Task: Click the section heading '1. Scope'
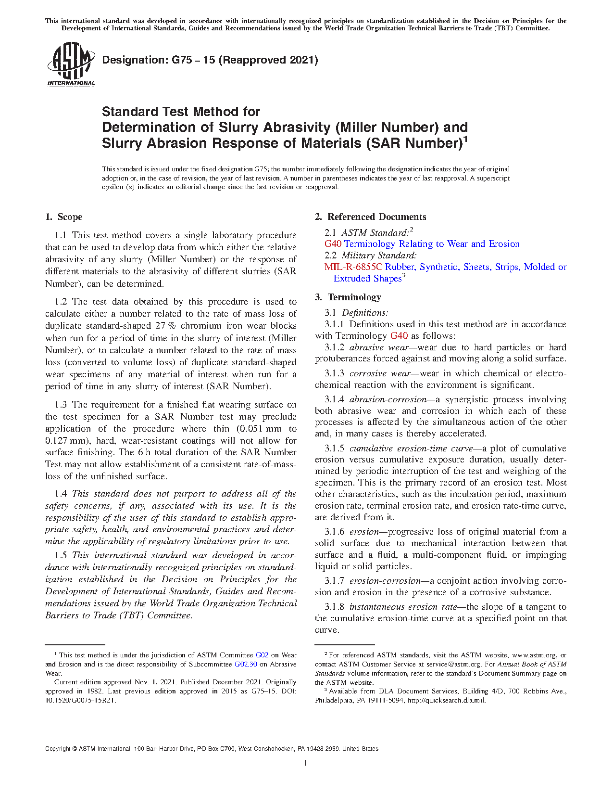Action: point(64,217)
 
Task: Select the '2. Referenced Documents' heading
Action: point(370,217)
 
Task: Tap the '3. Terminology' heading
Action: point(348,297)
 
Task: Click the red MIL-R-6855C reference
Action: point(353,267)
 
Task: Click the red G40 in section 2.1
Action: point(333,244)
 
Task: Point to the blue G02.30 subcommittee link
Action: point(245,664)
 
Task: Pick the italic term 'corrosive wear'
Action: point(380,373)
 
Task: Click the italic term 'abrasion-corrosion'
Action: point(388,399)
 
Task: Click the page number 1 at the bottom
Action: point(305,762)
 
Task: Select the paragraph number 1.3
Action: point(61,405)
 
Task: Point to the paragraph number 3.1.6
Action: point(334,532)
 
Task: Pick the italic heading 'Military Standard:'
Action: point(379,256)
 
